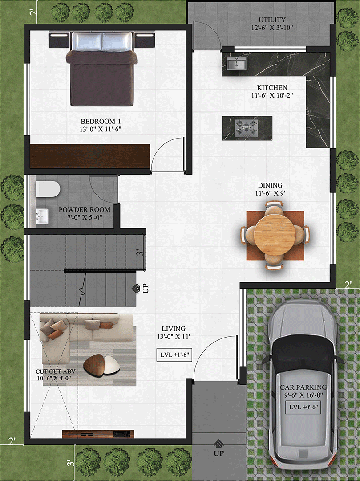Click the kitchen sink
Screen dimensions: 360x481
pyautogui.click(x=236, y=64)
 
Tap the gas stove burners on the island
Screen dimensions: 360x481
pyautogui.click(x=247, y=128)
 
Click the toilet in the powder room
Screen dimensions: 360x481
pyautogui.click(x=48, y=189)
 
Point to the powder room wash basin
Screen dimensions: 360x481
pyautogui.click(x=42, y=216)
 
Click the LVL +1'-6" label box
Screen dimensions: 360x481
pyautogui.click(x=174, y=355)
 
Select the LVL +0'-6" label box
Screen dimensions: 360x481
pyautogui.click(x=303, y=408)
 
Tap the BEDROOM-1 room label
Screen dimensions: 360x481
pyautogui.click(x=101, y=122)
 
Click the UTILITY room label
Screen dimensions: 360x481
pyautogui.click(x=272, y=20)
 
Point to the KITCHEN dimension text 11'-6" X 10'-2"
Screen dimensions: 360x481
pyautogui.click(x=272, y=95)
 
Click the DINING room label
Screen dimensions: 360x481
pyautogui.click(x=270, y=185)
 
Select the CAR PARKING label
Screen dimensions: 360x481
pyautogui.click(x=303, y=387)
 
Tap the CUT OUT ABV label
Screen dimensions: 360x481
pyautogui.click(x=56, y=371)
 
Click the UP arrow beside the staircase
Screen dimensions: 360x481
pyautogui.click(x=136, y=289)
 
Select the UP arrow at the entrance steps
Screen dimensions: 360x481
pyautogui.click(x=218, y=443)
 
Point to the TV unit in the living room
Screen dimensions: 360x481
pyautogui.click(x=98, y=434)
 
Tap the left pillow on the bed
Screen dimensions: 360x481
pyautogui.click(x=87, y=41)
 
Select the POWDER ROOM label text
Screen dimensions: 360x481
pyautogui.click(x=84, y=210)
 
